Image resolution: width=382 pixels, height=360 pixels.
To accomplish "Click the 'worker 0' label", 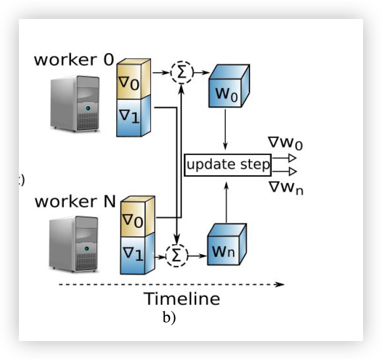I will tap(74, 59).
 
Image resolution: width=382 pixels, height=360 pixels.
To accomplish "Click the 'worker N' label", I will tap(75, 202).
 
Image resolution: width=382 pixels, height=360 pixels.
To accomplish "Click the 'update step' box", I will tap(228, 165).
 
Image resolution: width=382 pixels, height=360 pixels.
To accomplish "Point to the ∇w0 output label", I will tap(285, 143).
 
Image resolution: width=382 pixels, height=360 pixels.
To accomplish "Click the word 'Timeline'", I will tap(182, 299).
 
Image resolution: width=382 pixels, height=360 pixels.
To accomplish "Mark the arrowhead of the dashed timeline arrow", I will tap(280, 285).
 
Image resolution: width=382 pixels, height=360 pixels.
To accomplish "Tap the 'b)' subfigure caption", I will tap(168, 318).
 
